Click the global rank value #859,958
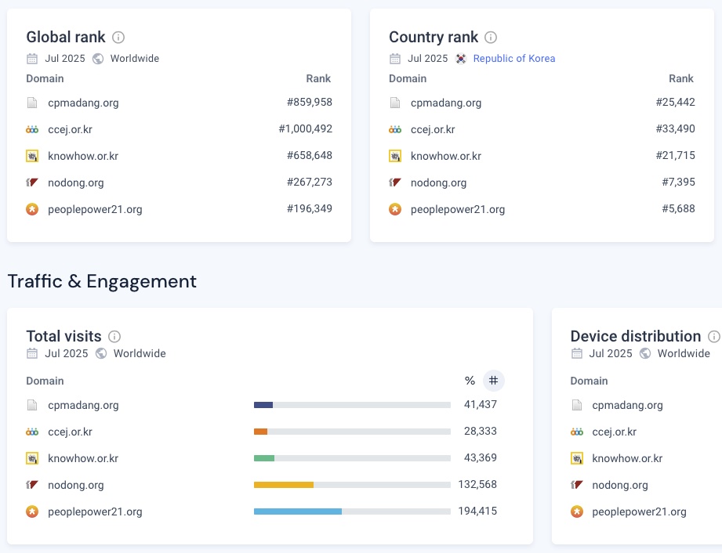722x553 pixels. click(x=310, y=103)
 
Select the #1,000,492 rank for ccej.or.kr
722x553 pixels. click(x=305, y=129)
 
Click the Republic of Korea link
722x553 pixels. click(x=513, y=59)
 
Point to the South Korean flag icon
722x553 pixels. click(x=461, y=59)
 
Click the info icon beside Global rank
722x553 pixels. click(x=118, y=37)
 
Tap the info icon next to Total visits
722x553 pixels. click(x=114, y=336)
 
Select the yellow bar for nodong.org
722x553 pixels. click(x=284, y=485)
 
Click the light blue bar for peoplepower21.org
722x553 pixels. click(x=298, y=511)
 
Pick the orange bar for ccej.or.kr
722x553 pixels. click(x=261, y=432)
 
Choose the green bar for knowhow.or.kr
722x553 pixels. click(x=264, y=458)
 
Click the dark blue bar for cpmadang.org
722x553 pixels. click(x=263, y=405)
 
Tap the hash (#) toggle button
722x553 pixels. click(x=493, y=381)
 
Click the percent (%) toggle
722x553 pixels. click(x=470, y=381)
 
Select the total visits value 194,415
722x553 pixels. click(x=477, y=511)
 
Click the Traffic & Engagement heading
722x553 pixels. click(x=102, y=281)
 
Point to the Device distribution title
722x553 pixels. click(x=636, y=336)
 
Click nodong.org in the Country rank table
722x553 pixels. click(x=438, y=183)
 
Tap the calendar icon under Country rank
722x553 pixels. click(x=395, y=59)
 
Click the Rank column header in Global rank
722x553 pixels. click(x=318, y=78)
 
